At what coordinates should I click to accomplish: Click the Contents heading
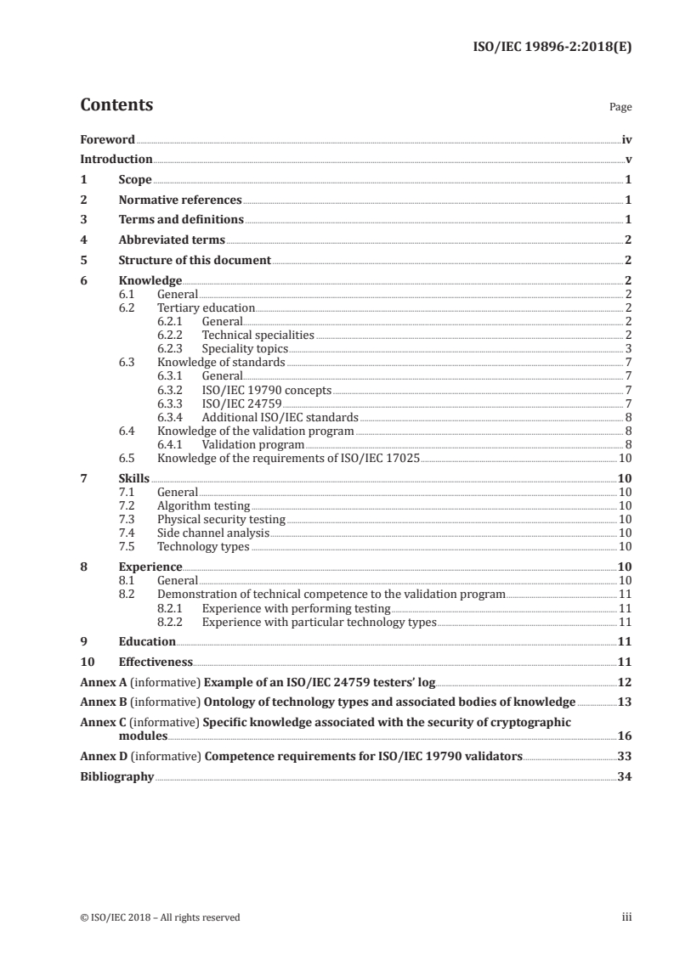point(116,105)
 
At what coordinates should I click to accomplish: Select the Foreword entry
point(107,139)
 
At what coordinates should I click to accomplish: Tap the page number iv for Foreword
point(626,139)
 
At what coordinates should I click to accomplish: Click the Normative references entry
point(180,200)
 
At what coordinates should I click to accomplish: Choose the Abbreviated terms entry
point(172,240)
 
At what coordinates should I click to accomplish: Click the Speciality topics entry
point(245,348)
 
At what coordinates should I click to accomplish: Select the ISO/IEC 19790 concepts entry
point(266,390)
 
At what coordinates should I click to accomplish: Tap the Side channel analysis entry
point(213,533)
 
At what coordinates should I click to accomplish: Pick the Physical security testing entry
point(221,519)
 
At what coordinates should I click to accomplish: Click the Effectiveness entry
point(156,662)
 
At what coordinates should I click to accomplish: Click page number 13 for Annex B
point(625,702)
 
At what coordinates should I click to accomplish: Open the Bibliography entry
point(116,776)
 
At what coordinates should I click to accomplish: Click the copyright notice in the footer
point(160,917)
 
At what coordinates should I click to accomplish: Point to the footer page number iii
point(627,917)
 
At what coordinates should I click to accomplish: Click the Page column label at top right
point(620,108)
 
